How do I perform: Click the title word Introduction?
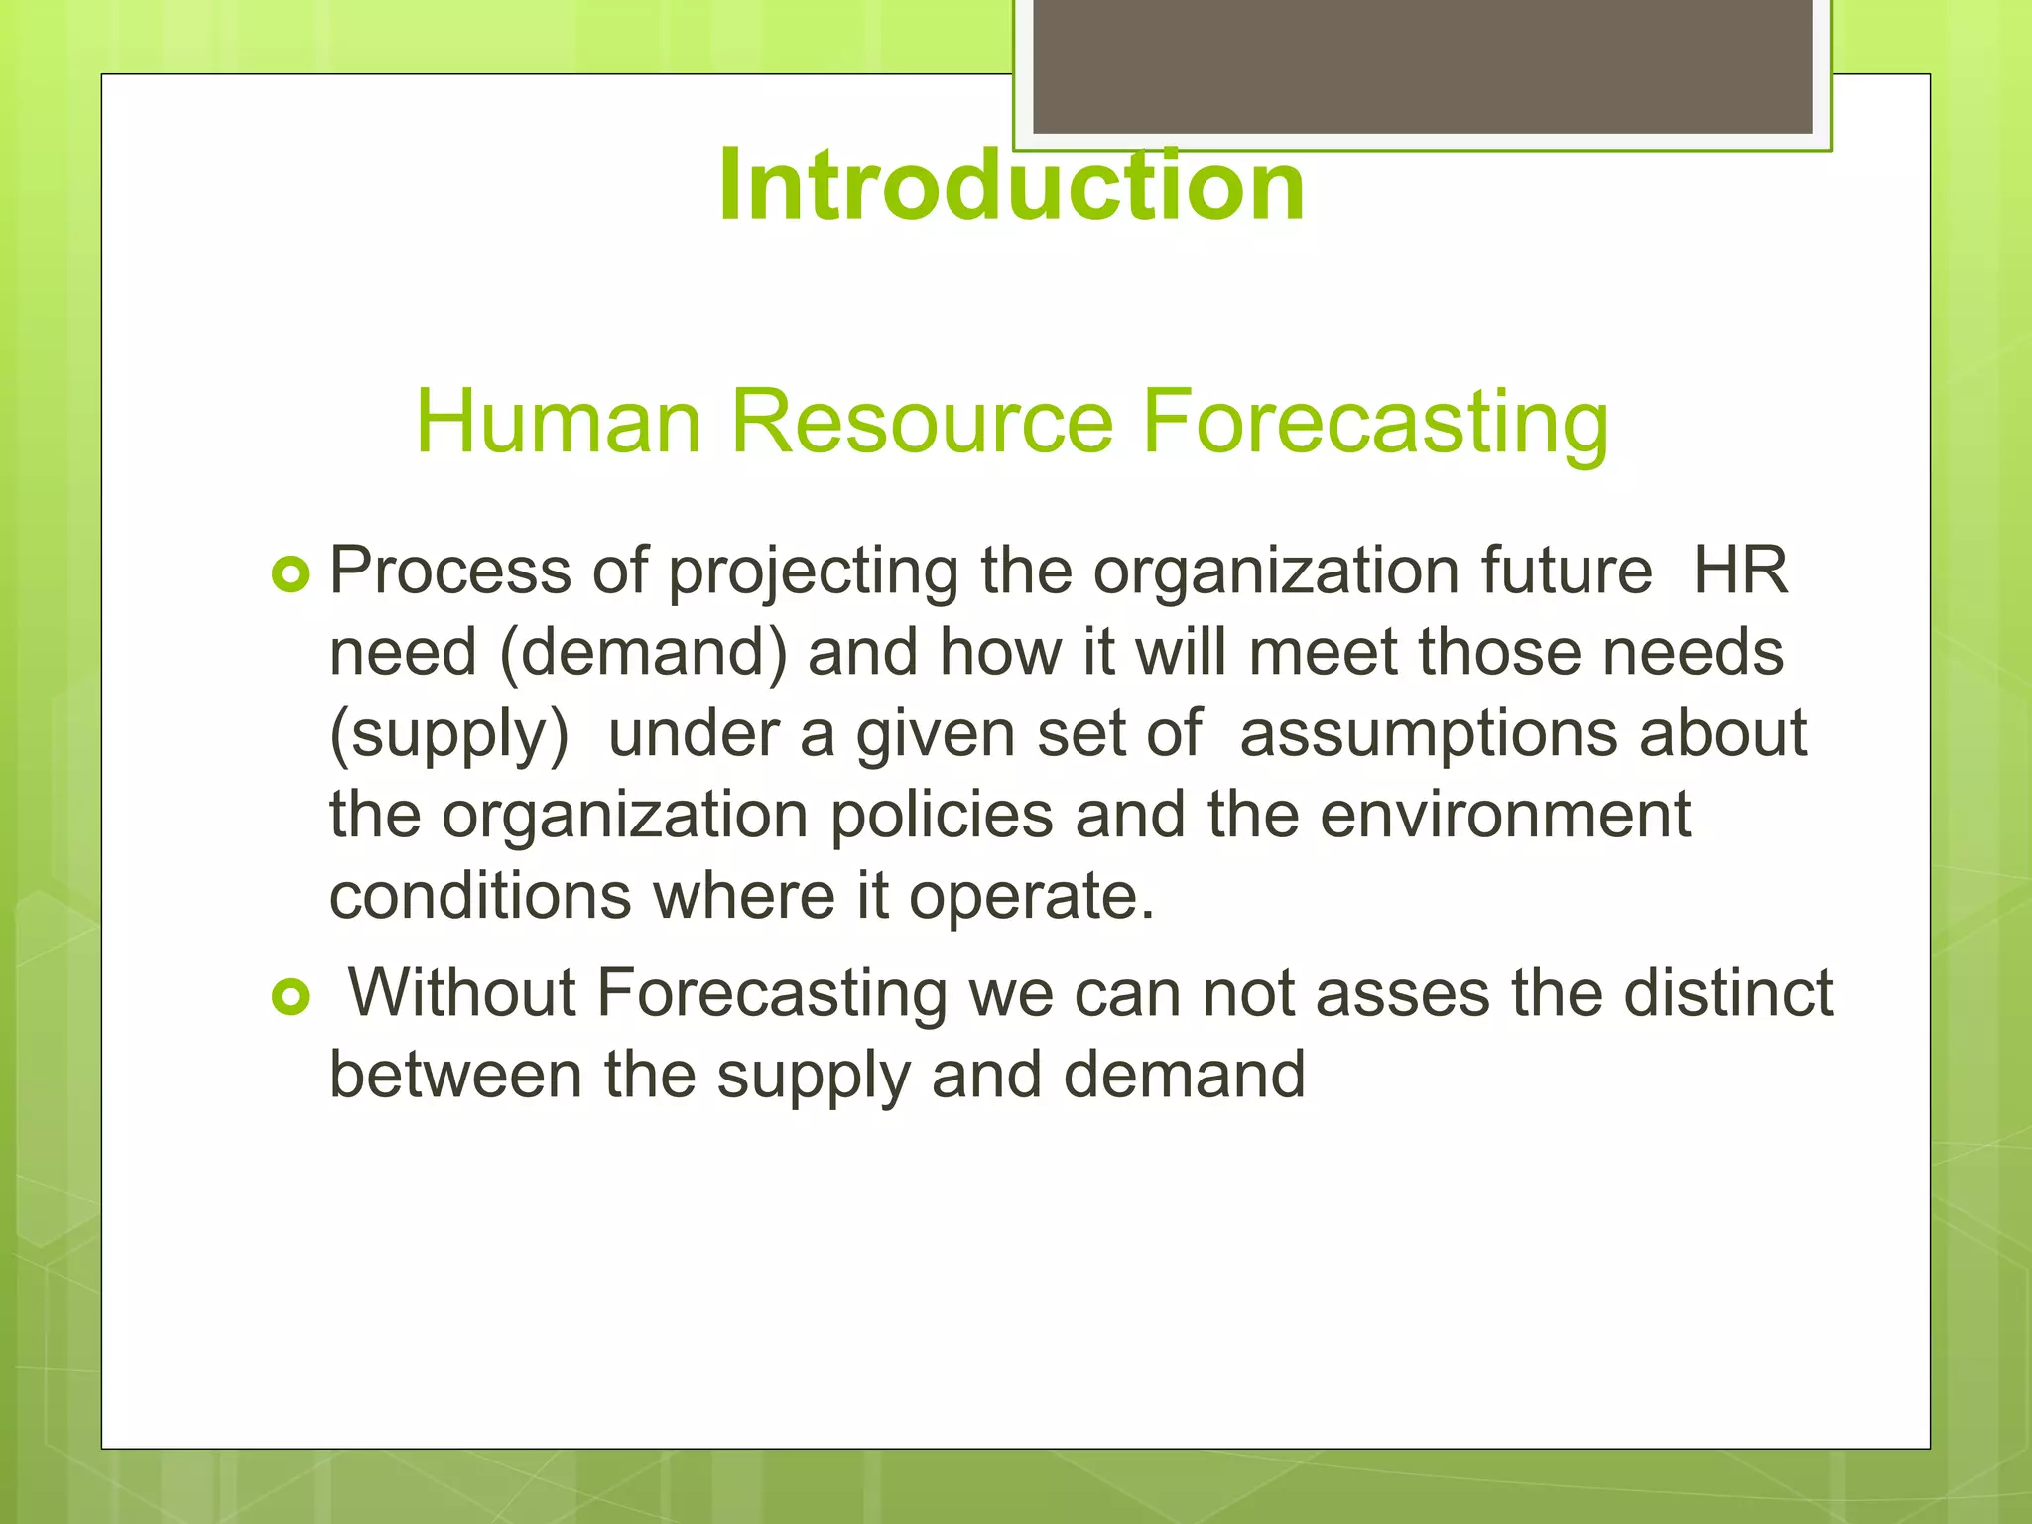point(1011,187)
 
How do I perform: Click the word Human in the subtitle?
point(558,423)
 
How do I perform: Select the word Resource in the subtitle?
point(922,423)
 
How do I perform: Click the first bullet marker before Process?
point(291,574)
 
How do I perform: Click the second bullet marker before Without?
point(291,996)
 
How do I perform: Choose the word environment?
point(1504,816)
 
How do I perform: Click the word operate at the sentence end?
point(1031,898)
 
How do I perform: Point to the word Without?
point(462,993)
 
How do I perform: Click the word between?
point(455,1076)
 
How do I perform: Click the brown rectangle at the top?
point(1422,65)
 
